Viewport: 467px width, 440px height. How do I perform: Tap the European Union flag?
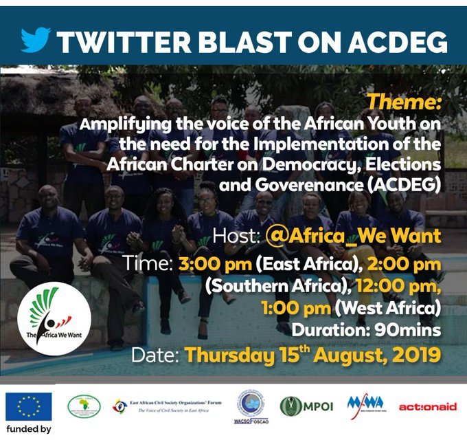(x=28, y=406)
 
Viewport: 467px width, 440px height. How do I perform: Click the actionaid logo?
(x=427, y=406)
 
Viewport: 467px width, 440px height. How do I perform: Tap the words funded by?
(x=28, y=430)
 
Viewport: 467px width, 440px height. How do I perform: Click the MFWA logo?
(x=365, y=404)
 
